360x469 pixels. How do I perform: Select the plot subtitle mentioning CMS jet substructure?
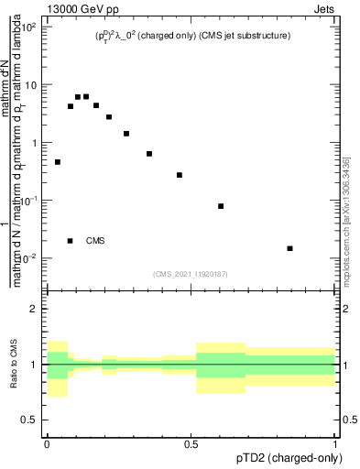coord(192,37)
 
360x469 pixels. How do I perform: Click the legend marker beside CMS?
coord(71,241)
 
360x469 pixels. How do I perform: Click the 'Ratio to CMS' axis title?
coord(15,365)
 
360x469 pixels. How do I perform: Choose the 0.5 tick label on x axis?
coord(192,442)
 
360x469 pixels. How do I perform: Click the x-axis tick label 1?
coord(336,442)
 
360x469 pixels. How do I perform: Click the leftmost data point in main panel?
coord(58,162)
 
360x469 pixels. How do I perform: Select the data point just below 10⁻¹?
coord(221,206)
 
